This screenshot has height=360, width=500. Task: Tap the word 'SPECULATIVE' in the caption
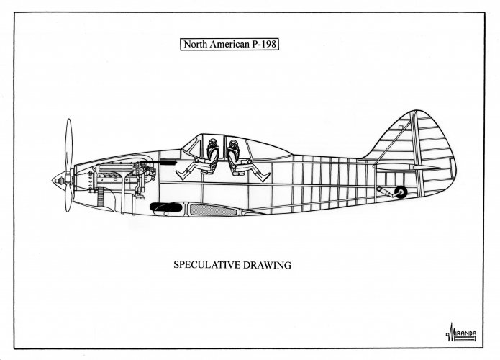[x=206, y=265]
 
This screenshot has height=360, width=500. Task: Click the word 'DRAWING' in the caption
[x=267, y=265]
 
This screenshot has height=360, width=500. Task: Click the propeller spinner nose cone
[x=59, y=181]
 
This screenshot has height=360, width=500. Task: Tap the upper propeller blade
[x=68, y=145]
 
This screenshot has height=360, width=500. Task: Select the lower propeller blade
[x=68, y=199]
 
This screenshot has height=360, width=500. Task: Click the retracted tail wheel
[x=401, y=192]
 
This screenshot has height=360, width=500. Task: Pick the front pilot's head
[x=213, y=143]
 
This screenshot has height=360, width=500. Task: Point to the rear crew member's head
[x=234, y=145]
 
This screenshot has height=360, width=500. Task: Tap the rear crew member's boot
[x=265, y=176]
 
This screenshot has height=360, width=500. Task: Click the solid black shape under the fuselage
[x=166, y=208]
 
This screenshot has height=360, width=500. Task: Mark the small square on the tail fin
[x=401, y=127]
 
